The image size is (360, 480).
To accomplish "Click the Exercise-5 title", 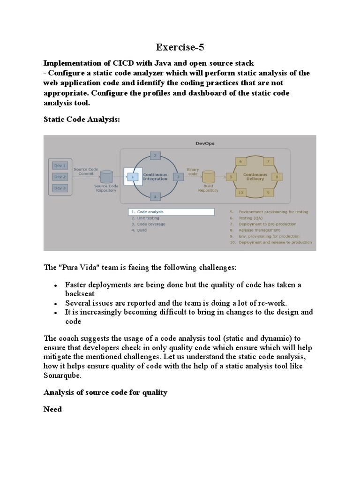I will pos(180,47).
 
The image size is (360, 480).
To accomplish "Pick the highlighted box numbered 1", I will pos(133,177).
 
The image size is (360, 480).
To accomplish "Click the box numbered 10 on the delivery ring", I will pos(240,192).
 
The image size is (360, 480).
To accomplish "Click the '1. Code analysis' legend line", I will pos(148,212).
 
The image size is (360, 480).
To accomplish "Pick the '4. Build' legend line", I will pos(140,230).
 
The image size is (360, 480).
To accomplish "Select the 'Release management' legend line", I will pos(260,230).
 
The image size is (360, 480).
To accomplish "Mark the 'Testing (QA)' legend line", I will pos(251,218).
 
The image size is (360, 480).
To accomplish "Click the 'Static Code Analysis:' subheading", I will pos(82,120).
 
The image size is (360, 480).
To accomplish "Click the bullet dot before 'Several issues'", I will pos(55,303).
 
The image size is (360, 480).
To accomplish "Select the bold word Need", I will pos(52,409).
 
